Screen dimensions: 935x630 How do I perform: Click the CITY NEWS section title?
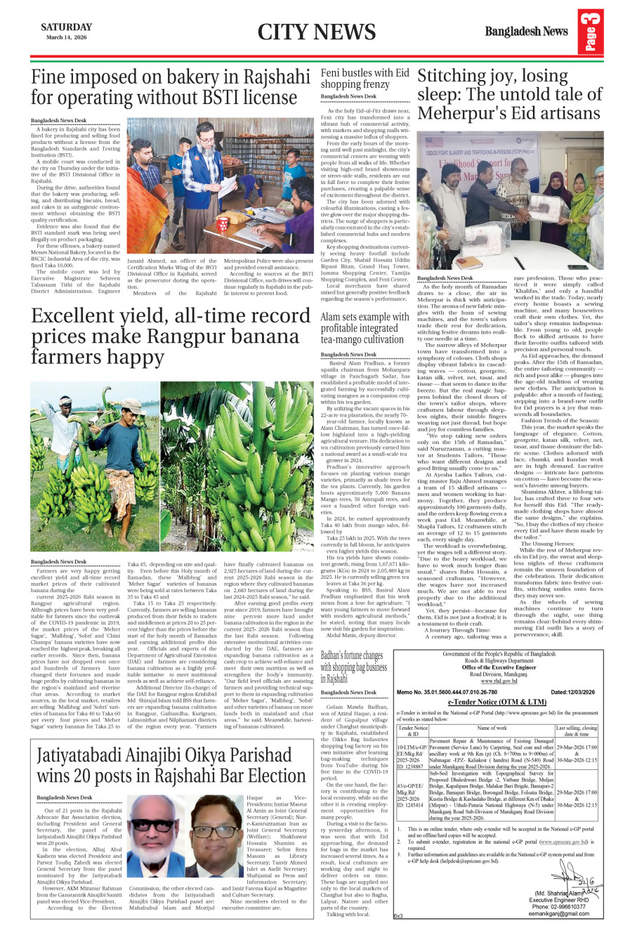(316, 32)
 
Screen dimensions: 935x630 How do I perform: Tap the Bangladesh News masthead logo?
(526, 31)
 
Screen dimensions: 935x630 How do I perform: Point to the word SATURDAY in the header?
(66, 27)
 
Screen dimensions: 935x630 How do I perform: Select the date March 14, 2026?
(66, 37)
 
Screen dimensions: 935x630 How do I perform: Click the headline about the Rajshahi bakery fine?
(171, 86)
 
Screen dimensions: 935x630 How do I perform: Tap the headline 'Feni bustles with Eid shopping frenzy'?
(365, 78)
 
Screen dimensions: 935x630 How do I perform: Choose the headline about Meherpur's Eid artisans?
(509, 95)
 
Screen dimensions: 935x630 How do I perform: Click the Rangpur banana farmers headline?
(171, 337)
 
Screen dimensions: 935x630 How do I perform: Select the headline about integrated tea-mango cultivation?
(365, 328)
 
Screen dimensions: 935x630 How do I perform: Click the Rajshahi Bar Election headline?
(171, 766)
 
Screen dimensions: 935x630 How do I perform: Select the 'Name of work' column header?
(492, 728)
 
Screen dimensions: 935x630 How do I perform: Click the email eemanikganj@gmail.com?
(559, 914)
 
